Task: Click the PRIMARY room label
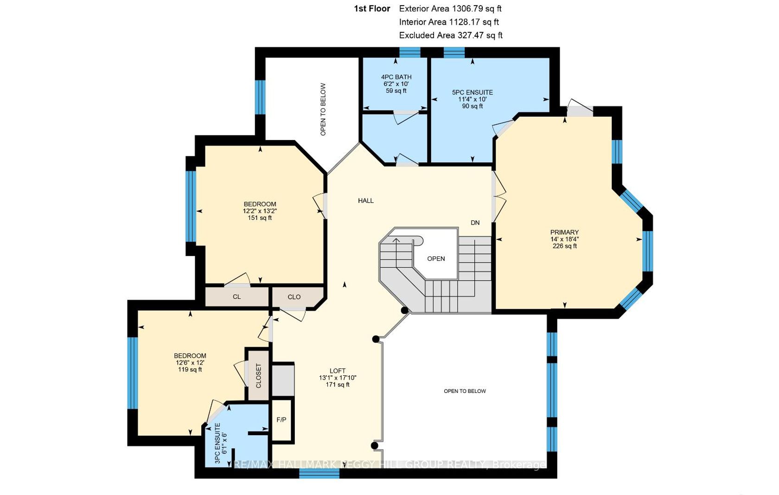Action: coord(564,232)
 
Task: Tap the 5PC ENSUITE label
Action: coord(472,92)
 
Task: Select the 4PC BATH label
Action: coord(396,77)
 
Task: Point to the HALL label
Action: coord(366,201)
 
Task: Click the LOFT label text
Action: coord(338,371)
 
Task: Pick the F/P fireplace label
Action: coord(281,420)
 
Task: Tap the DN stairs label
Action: coord(475,223)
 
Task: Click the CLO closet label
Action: coord(294,297)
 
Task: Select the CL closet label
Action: coord(236,297)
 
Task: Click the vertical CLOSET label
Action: coord(258,376)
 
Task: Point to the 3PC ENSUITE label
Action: coord(218,443)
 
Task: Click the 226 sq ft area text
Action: coord(564,246)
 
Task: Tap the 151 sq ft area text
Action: coord(260,218)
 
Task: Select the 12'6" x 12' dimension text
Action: coord(190,363)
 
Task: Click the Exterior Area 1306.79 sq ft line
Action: coord(450,9)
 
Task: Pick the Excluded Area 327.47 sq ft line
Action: coord(451,35)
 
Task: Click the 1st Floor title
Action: coord(372,9)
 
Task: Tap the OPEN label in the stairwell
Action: coord(436,259)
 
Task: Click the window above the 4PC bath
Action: coord(410,52)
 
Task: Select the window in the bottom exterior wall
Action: coord(319,474)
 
